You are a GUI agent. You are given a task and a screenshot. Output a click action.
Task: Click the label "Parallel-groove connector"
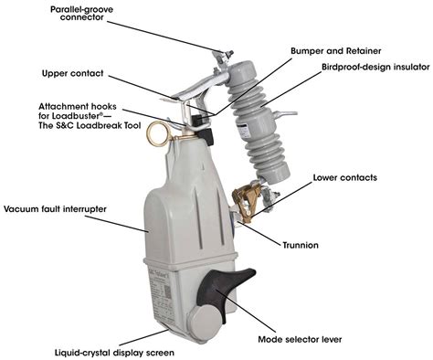pos(81,14)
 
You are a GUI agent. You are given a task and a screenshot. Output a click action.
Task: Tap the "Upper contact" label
pos(73,74)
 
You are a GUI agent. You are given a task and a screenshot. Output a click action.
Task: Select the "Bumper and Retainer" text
pos(335,51)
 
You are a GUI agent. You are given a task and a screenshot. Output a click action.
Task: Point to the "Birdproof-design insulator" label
pos(375,68)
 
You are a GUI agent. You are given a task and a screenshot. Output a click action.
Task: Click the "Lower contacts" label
pos(345,177)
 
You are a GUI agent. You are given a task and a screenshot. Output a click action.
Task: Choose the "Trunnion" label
pos(301,245)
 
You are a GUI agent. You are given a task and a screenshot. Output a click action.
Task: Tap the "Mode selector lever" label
pos(300,339)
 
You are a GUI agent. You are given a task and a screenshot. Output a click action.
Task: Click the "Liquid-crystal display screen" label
pos(114,353)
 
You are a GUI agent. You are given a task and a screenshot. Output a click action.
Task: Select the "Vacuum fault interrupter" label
pos(55,209)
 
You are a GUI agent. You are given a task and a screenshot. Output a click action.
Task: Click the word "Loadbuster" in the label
pos(76,116)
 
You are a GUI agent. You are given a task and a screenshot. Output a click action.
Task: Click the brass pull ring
pos(156,133)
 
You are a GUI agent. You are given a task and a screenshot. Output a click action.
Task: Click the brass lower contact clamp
pos(246,201)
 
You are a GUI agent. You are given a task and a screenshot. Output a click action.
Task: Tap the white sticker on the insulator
pos(244,131)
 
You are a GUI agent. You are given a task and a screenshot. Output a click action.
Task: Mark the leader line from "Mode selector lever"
pos(245,311)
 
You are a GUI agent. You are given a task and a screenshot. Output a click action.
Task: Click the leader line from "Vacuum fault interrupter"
pos(116,224)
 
